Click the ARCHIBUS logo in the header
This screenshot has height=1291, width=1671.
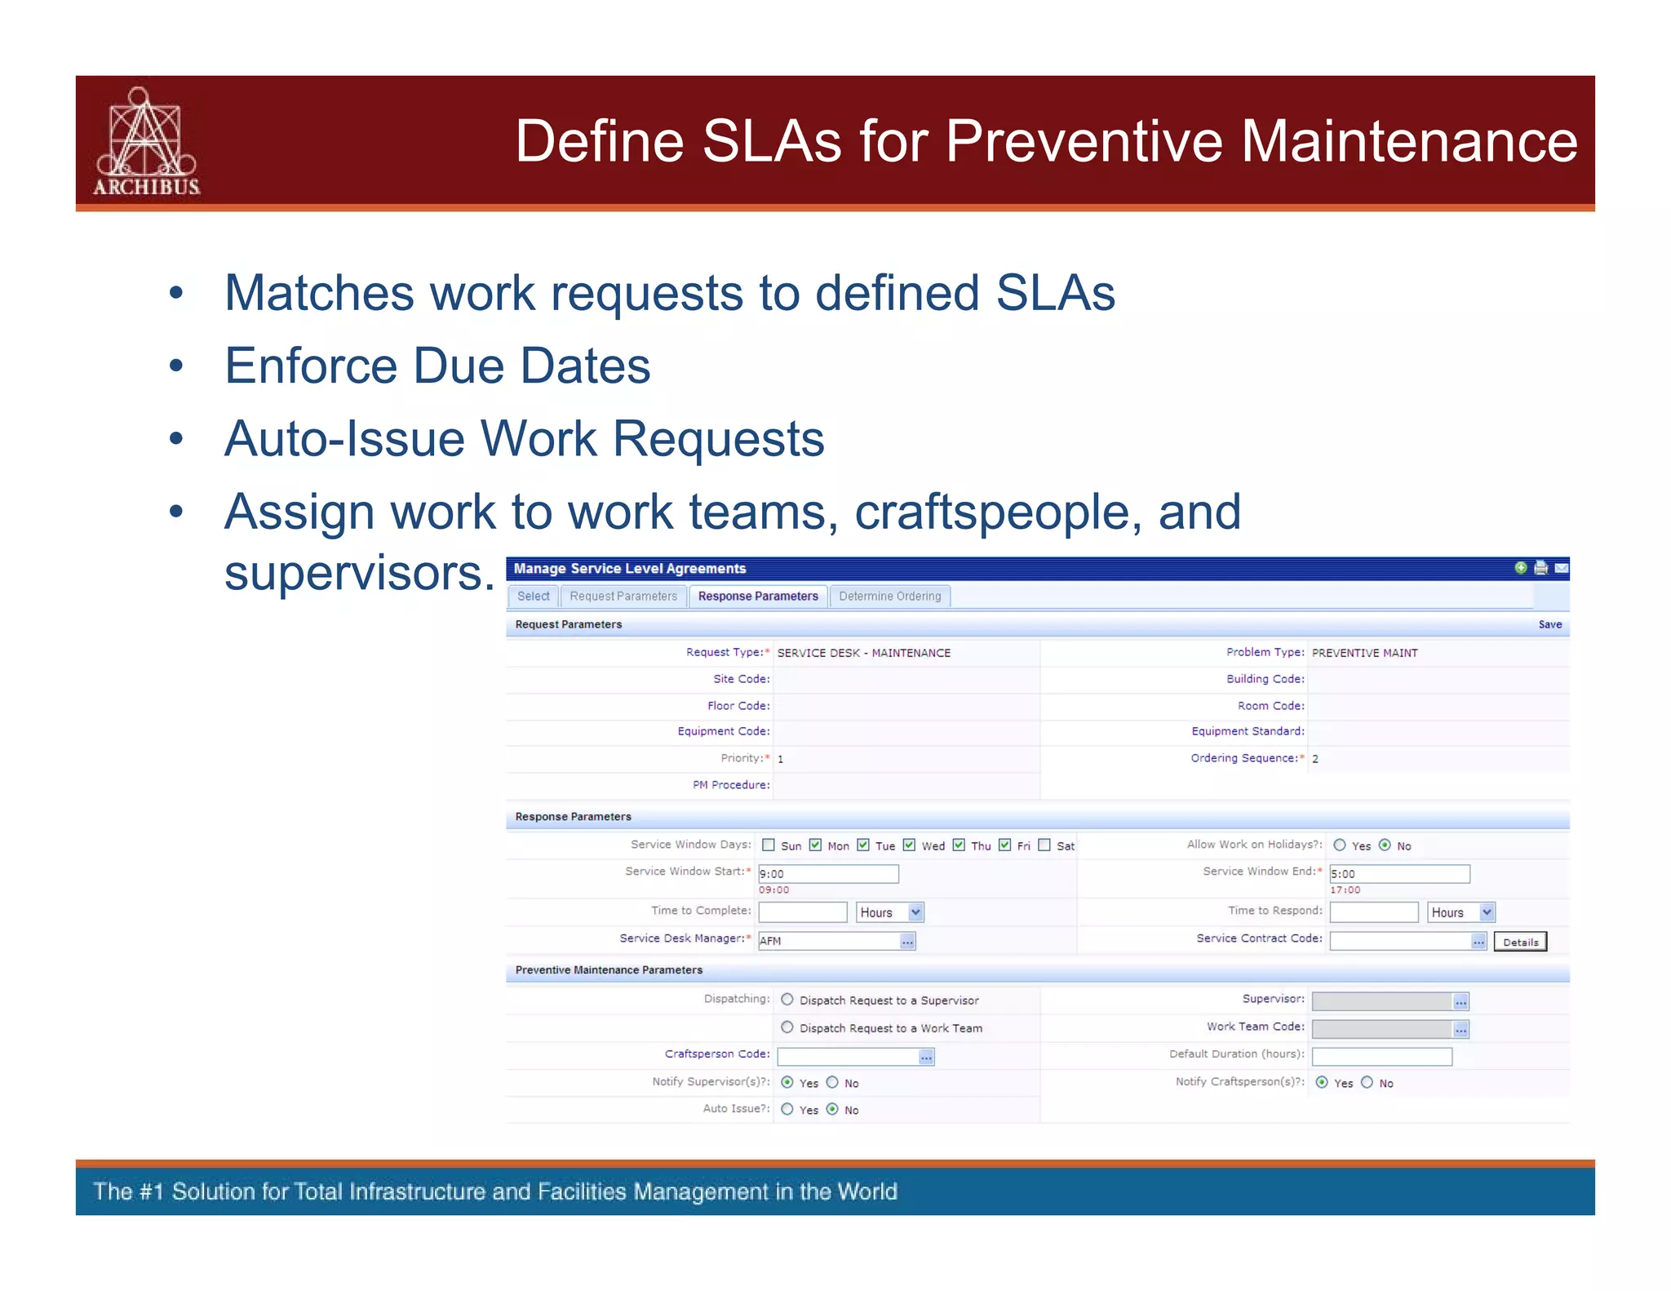pos(146,142)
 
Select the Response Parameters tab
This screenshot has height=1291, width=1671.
pos(757,597)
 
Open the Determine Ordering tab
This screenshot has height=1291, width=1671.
pos(889,597)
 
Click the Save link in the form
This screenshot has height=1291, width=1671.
pos(1549,624)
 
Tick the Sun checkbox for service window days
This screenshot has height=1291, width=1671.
pos(769,845)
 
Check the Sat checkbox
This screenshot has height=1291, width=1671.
pos(1044,845)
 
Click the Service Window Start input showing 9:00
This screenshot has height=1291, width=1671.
pos(827,874)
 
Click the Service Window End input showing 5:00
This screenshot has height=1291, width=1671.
pos(1398,874)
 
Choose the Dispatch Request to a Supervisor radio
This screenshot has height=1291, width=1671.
pos(787,1000)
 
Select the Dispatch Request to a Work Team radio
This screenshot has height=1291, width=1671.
pos(787,1027)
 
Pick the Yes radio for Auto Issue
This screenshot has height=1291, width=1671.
pos(787,1109)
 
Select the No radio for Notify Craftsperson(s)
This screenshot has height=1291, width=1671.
pos(1367,1083)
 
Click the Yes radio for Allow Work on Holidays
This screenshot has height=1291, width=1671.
pos(1340,845)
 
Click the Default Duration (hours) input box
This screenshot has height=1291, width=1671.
pos(1381,1057)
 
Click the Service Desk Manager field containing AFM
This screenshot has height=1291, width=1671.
pos(827,941)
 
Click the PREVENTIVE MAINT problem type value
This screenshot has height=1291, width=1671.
pos(1364,653)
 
